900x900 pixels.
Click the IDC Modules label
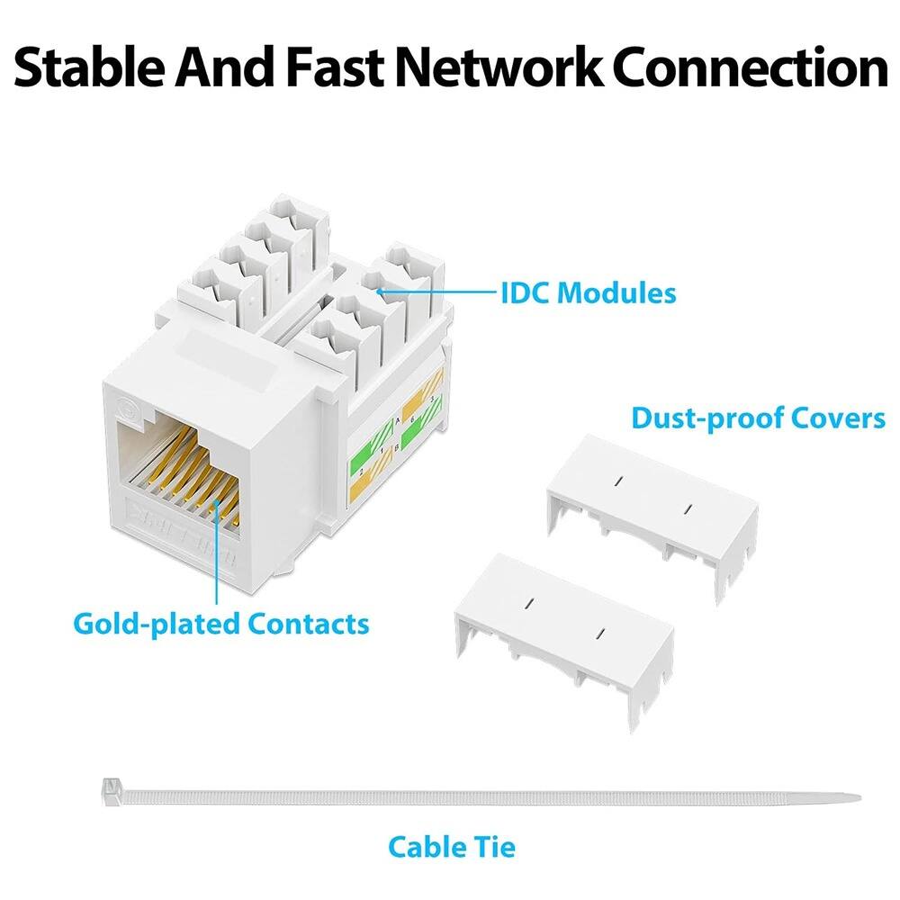pos(588,292)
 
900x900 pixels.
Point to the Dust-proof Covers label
pos(758,418)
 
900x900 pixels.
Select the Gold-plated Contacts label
pos(220,623)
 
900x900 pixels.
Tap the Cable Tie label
pos(452,846)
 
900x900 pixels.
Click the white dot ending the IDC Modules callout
pos(381,292)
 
